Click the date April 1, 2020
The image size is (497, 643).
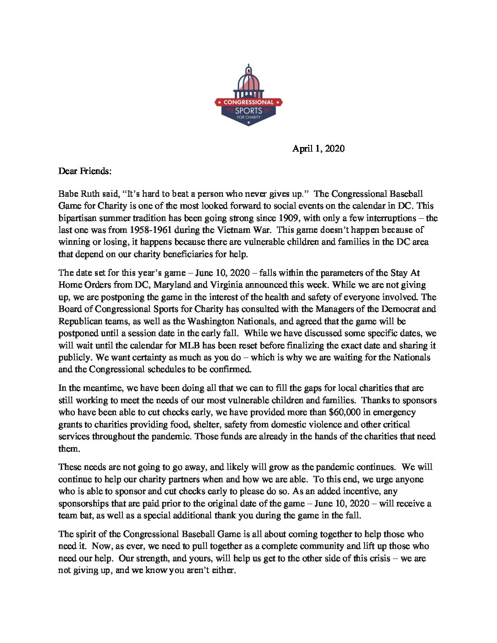tap(318, 149)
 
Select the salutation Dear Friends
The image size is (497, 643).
tap(85, 171)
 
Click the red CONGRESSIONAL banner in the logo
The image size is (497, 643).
tap(248, 102)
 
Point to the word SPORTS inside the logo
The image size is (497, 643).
tap(248, 111)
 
